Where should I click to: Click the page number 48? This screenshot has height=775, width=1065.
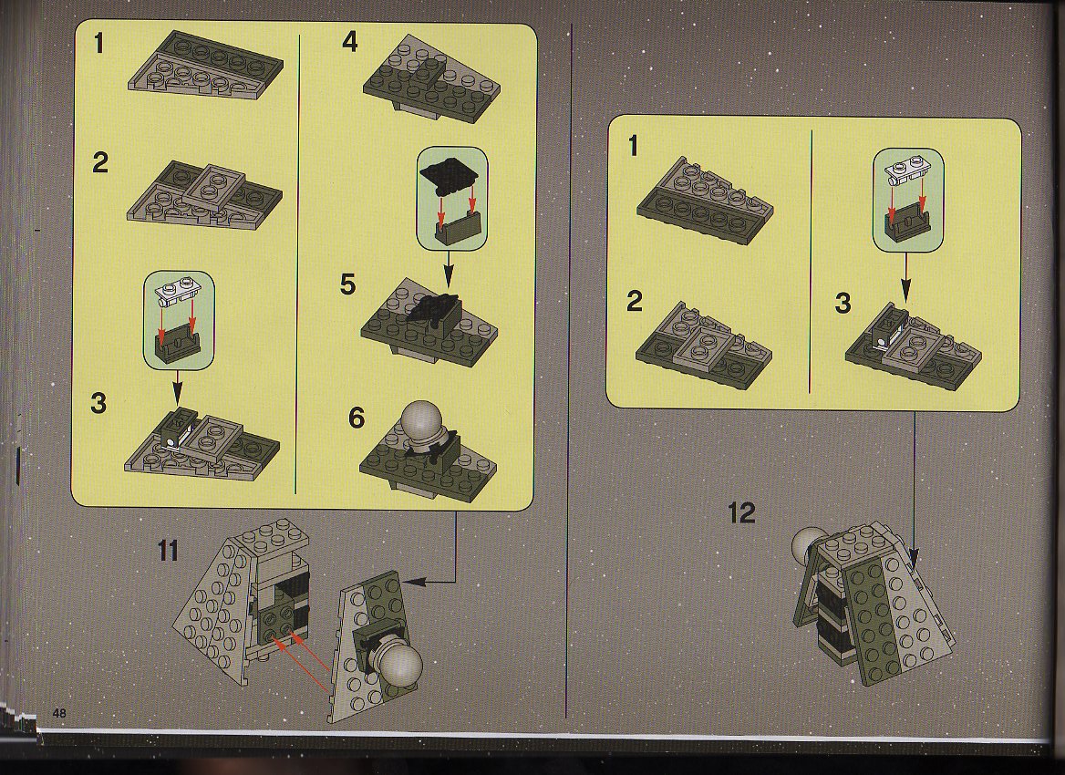[60, 713]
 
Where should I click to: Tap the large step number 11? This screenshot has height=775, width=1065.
[168, 550]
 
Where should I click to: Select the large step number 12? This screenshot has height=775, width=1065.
[741, 512]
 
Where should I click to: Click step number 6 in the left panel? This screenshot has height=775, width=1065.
[356, 418]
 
